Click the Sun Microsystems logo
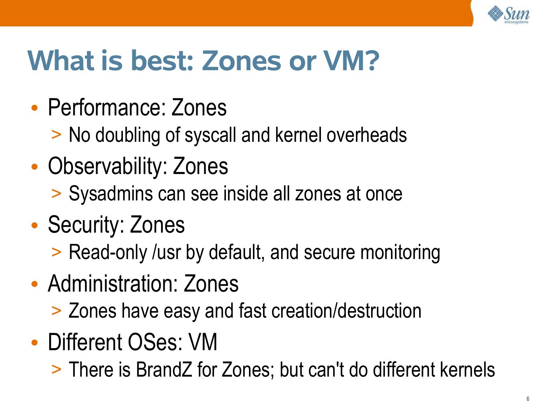[x=508, y=15]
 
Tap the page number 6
[x=528, y=399]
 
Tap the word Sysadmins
[x=111, y=194]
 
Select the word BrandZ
[x=164, y=369]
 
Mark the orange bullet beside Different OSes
[x=35, y=343]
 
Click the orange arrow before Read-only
[x=56, y=252]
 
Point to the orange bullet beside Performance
[x=35, y=108]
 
